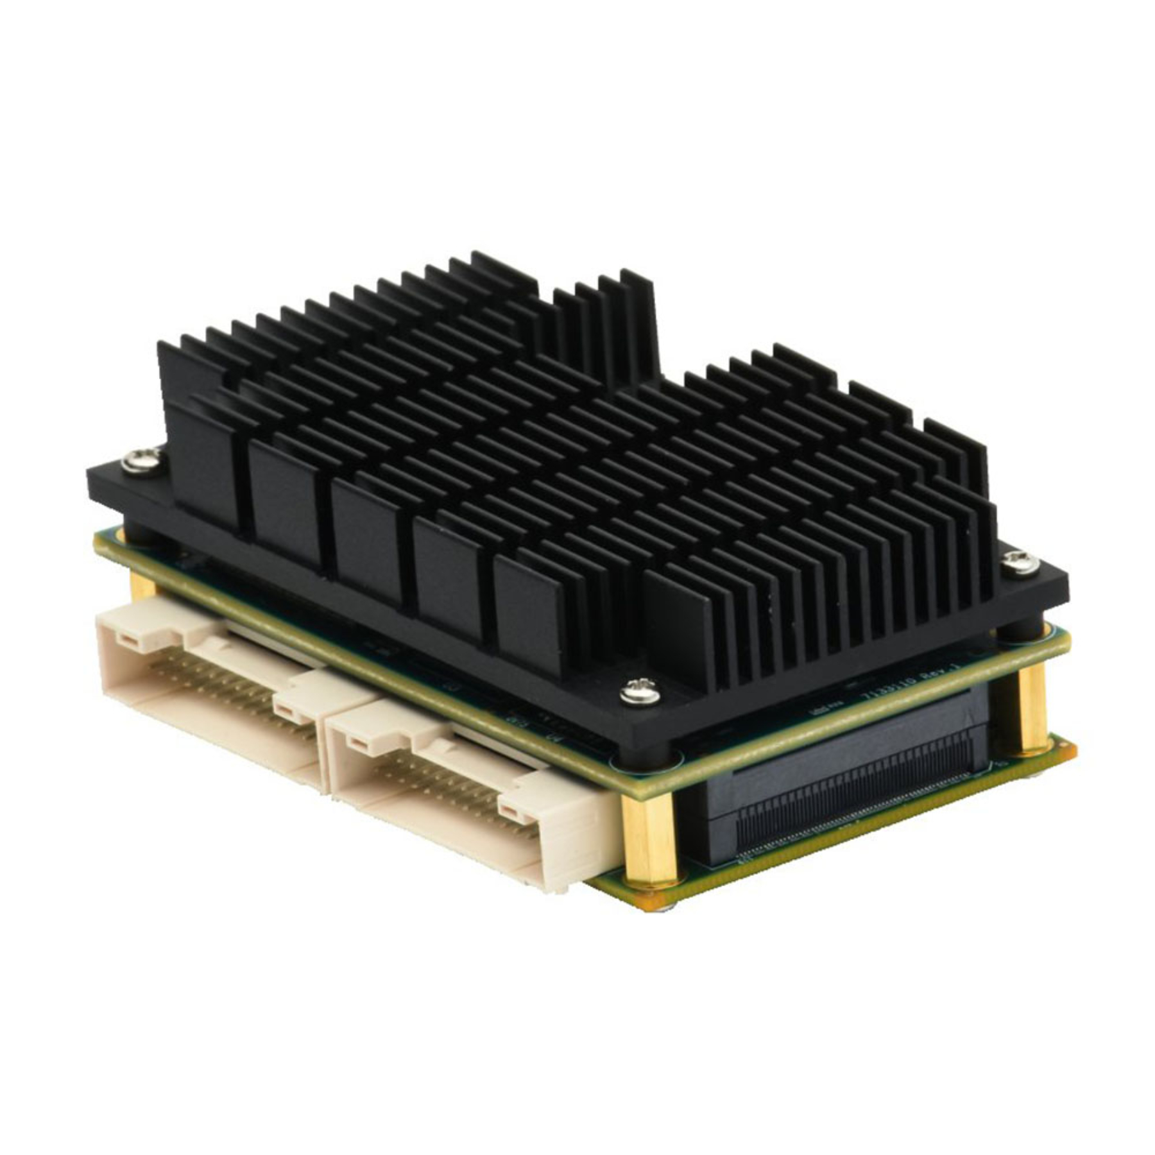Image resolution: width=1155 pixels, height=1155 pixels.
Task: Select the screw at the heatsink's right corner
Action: (x=1020, y=563)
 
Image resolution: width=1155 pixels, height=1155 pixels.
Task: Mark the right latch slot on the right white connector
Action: (x=511, y=814)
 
